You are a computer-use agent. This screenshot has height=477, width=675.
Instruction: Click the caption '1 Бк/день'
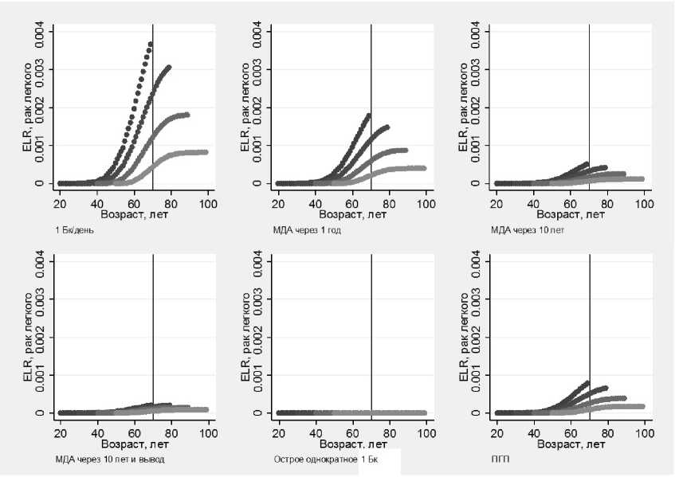coord(74,230)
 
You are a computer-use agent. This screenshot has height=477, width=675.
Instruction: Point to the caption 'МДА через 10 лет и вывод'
coord(99,459)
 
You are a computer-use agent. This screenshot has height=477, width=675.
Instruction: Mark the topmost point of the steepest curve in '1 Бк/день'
coord(150,44)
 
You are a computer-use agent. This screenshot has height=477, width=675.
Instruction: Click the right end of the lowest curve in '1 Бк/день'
coord(206,152)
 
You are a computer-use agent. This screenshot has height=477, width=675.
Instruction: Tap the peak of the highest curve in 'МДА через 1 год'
coord(368,115)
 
